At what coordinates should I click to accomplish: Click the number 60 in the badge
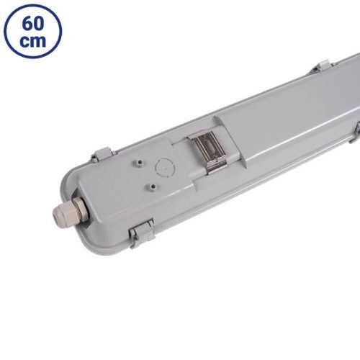tap(32, 21)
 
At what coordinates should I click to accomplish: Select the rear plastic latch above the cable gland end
tap(101, 154)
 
